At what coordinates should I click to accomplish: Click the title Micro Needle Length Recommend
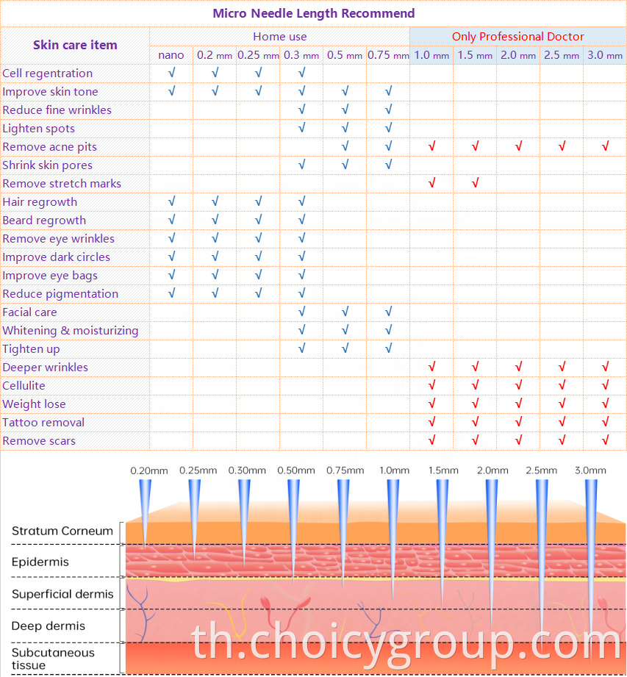click(x=313, y=13)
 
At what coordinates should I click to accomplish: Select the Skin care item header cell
click(x=75, y=45)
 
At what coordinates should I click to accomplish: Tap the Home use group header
click(x=280, y=37)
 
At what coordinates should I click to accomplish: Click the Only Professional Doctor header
click(x=517, y=37)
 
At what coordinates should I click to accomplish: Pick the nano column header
click(x=171, y=55)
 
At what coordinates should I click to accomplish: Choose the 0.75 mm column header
click(x=388, y=55)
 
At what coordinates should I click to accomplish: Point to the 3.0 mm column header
click(x=604, y=55)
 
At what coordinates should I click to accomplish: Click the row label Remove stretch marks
click(x=62, y=184)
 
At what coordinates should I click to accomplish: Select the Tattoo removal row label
click(x=43, y=422)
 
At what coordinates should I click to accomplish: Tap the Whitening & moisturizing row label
click(x=71, y=331)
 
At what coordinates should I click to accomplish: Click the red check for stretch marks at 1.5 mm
click(x=475, y=182)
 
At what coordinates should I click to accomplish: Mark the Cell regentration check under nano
click(x=171, y=73)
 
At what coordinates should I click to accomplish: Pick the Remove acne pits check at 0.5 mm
click(x=345, y=146)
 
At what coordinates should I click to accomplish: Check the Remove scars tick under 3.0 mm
click(x=605, y=440)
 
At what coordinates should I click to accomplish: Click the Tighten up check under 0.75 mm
click(x=389, y=348)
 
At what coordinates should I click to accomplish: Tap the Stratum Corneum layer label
click(x=62, y=531)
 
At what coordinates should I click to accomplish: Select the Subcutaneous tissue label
click(x=53, y=659)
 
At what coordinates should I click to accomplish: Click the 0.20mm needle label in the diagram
click(x=149, y=470)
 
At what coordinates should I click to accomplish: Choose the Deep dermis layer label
click(x=49, y=626)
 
